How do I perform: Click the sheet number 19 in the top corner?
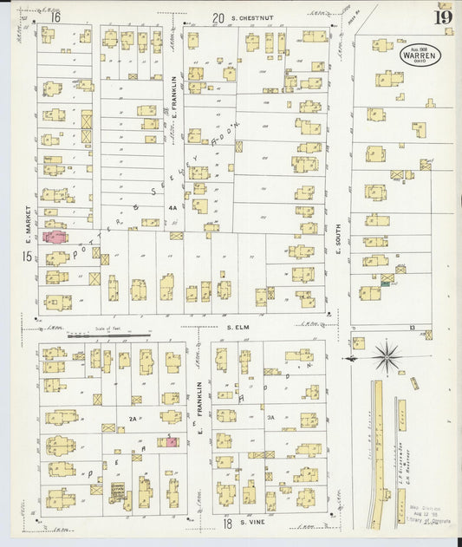443,16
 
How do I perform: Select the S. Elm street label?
238,328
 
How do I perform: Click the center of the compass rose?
387,355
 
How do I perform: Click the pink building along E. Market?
54,236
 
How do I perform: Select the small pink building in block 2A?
172,442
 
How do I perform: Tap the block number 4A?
172,207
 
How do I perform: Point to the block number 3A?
270,417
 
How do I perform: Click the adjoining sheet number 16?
55,16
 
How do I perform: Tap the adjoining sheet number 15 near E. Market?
28,256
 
